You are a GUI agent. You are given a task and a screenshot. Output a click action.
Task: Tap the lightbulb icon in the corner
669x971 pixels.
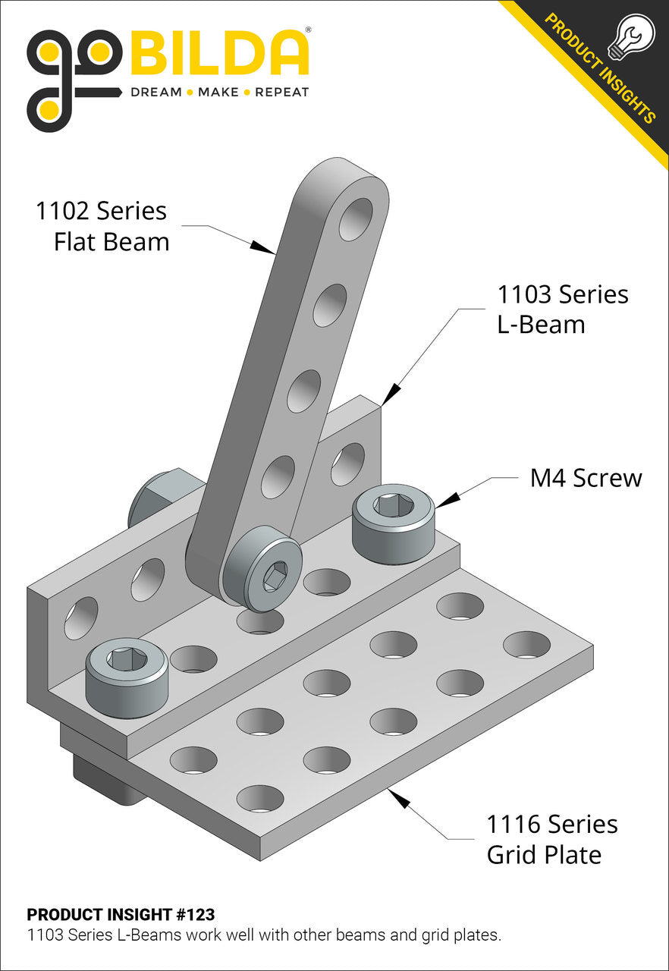click(631, 37)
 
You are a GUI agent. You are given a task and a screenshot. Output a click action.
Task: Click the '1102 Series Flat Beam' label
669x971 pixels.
click(102, 226)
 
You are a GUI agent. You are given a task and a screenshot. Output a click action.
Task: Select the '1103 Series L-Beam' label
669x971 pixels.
click(562, 309)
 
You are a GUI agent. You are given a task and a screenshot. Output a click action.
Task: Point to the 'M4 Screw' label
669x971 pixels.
click(586, 478)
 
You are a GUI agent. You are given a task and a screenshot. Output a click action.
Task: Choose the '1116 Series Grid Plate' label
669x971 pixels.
click(551, 839)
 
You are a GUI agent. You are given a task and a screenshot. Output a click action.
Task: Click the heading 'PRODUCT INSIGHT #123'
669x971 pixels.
click(121, 914)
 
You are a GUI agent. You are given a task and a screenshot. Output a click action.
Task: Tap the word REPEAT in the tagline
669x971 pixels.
click(281, 93)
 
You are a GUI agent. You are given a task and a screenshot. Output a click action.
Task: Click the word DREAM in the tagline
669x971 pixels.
click(156, 93)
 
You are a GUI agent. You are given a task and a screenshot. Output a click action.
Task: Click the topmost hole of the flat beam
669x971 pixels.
click(356, 219)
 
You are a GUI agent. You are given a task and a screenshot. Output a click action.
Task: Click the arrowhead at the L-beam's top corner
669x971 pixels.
click(391, 394)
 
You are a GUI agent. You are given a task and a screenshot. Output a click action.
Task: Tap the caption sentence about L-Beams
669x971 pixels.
click(264, 935)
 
